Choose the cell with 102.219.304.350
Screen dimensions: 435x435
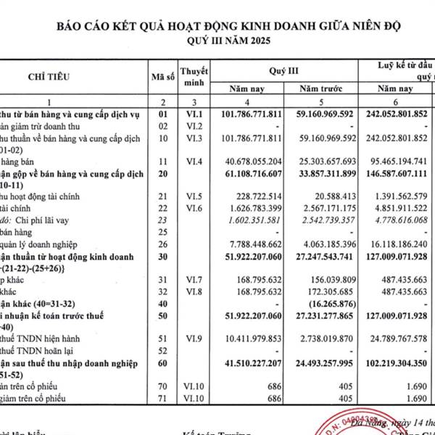click(x=394, y=359)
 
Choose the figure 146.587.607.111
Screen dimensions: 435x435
click(x=394, y=175)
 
